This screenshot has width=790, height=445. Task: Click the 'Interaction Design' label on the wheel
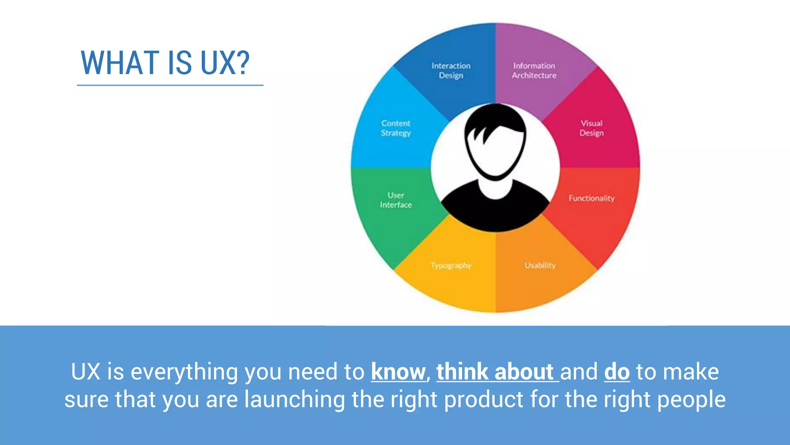pyautogui.click(x=451, y=70)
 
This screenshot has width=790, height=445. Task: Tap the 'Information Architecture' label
pyautogui.click(x=534, y=70)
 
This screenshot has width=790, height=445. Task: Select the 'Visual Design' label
pyautogui.click(x=591, y=128)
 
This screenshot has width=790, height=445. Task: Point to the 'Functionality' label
pyautogui.click(x=591, y=198)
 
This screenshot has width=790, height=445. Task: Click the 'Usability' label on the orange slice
pyautogui.click(x=540, y=265)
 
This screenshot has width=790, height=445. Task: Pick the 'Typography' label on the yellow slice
pyautogui.click(x=451, y=266)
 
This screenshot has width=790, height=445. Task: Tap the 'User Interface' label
pyautogui.click(x=396, y=200)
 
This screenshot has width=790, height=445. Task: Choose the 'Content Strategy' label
pyautogui.click(x=396, y=128)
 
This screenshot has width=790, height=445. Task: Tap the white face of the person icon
pyautogui.click(x=498, y=155)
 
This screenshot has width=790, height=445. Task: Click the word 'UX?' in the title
pyautogui.click(x=225, y=63)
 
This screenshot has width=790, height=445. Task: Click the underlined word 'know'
pyautogui.click(x=398, y=372)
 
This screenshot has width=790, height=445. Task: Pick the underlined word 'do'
pyautogui.click(x=617, y=372)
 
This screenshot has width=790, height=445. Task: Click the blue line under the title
pyautogui.click(x=170, y=85)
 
